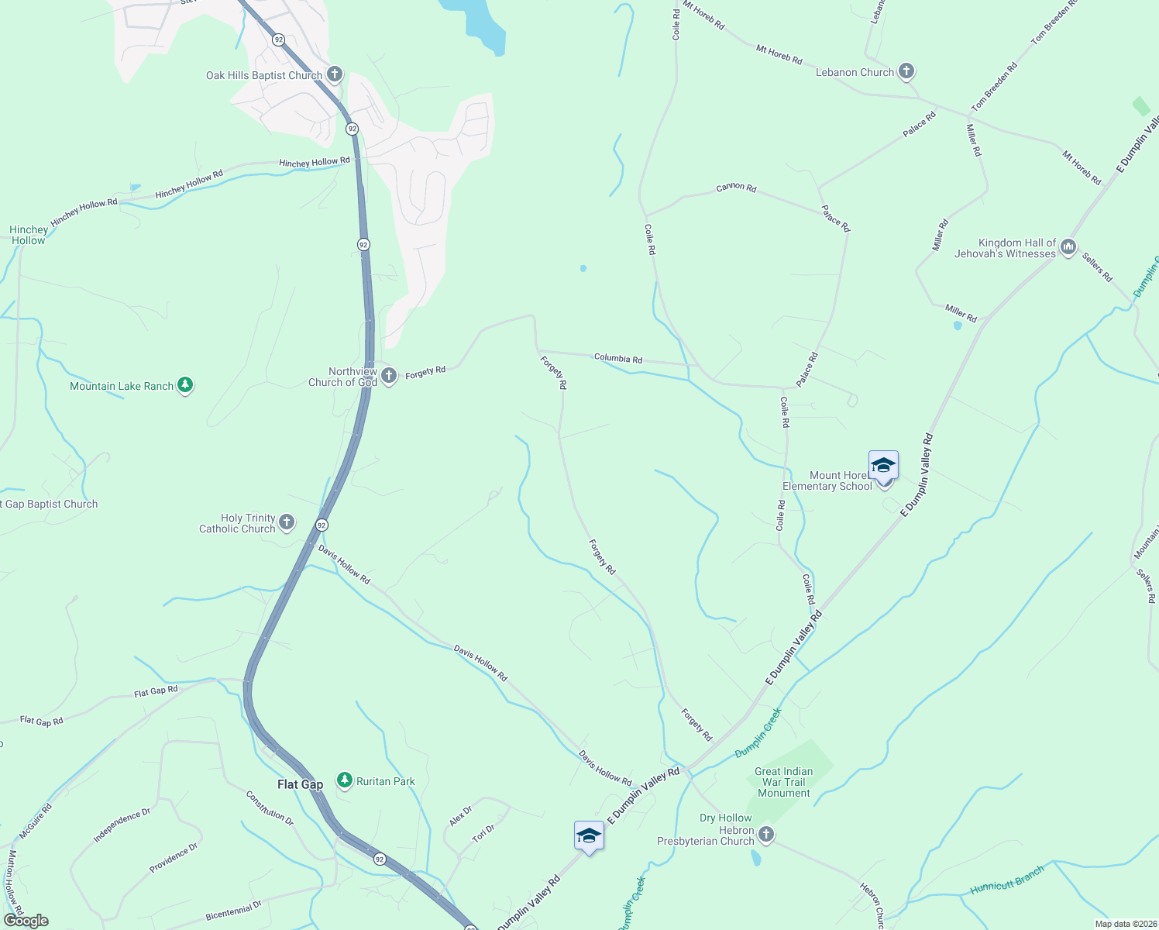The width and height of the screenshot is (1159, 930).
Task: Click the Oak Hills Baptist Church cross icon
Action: (335, 74)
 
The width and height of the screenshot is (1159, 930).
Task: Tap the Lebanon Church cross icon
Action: (906, 71)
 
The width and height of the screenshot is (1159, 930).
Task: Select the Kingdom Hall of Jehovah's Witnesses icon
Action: (1068, 247)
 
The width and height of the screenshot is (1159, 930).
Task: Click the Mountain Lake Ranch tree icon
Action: (184, 385)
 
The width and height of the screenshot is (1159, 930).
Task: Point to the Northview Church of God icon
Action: (389, 376)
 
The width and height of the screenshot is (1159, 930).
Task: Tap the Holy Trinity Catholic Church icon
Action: (287, 522)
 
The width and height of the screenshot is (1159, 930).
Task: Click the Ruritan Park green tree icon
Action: (345, 780)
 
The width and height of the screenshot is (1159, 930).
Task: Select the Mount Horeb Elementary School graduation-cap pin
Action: (883, 467)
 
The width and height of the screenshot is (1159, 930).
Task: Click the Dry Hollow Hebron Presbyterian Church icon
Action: (766, 834)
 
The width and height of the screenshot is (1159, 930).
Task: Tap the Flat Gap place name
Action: (300, 784)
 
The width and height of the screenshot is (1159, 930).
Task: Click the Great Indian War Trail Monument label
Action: (783, 782)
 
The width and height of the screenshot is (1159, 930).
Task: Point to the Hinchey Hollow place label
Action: (29, 235)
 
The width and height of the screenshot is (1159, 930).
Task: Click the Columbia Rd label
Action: (617, 358)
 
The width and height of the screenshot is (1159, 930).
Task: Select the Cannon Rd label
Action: (736, 187)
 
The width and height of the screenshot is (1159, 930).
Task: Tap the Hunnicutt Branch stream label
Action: (1007, 880)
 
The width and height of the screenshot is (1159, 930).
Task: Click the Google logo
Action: (26, 921)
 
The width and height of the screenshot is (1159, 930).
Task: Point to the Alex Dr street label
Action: (460, 815)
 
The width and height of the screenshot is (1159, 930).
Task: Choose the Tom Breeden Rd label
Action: (995, 86)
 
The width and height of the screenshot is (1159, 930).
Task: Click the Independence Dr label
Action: (122, 825)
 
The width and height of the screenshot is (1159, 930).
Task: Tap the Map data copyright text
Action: (1125, 924)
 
